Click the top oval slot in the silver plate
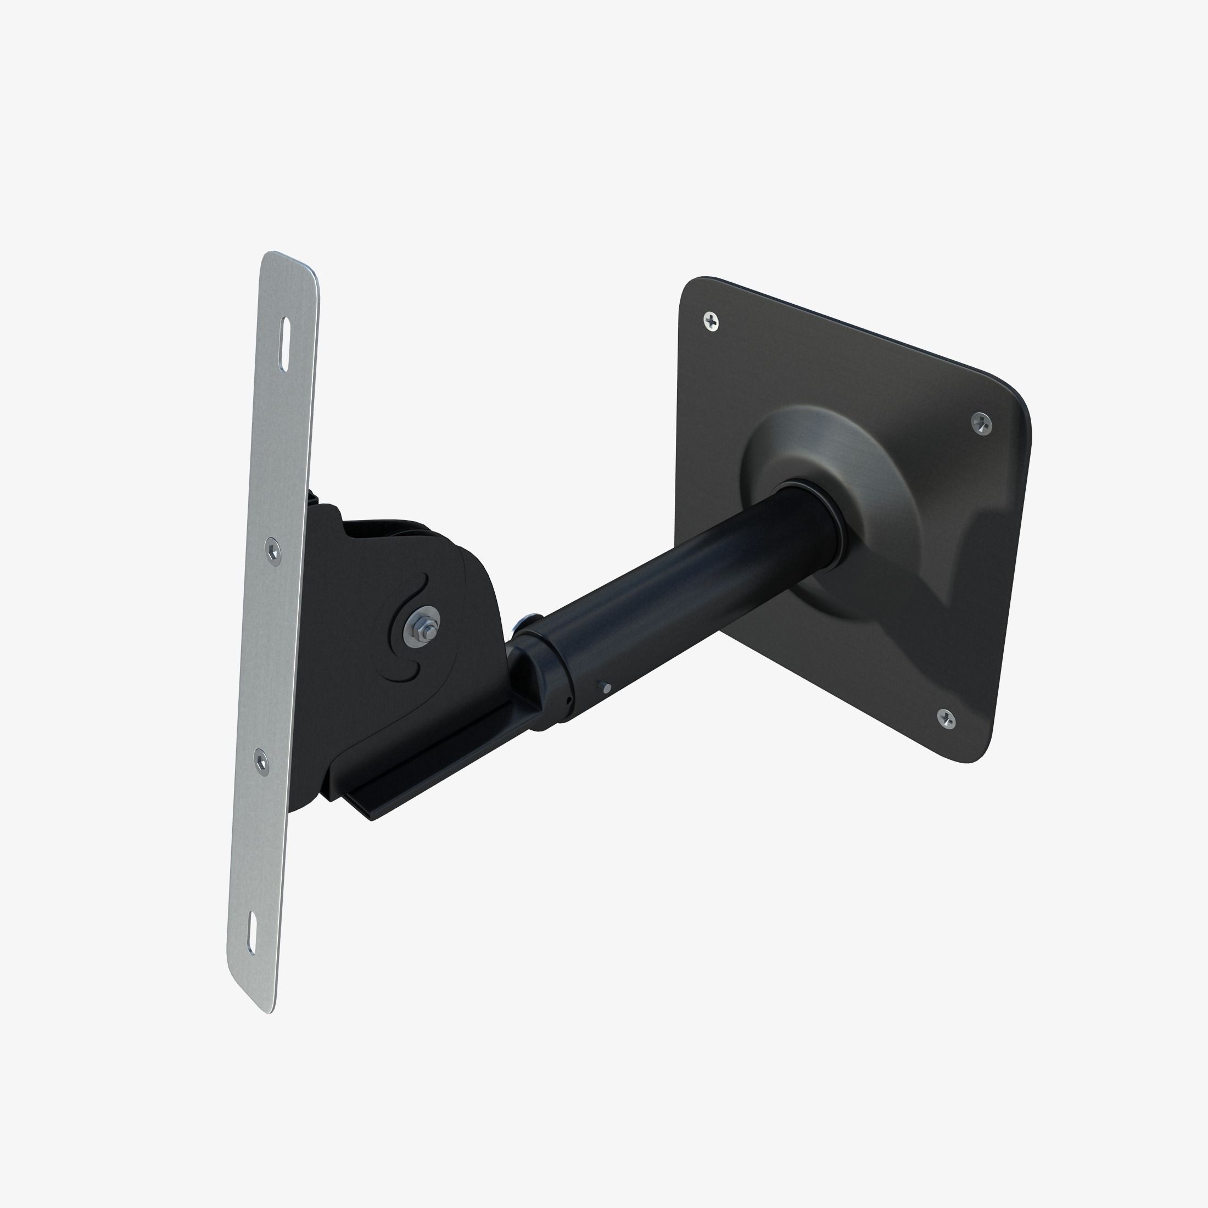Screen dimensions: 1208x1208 point(285,344)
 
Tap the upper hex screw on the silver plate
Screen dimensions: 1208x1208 point(272,550)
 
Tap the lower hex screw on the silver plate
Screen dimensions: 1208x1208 point(261,762)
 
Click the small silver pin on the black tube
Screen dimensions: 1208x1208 point(605,689)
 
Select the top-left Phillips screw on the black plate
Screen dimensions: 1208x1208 point(711,322)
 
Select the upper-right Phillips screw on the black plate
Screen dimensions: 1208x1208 point(982,424)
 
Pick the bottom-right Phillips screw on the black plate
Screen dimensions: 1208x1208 point(947,719)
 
